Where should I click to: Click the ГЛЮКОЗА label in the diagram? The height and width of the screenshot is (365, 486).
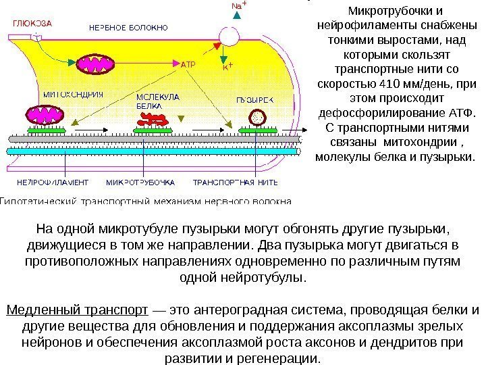click(31, 22)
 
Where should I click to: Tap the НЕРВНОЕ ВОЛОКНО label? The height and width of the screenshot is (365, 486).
click(129, 28)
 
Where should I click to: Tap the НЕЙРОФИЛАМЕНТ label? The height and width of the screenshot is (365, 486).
click(53, 182)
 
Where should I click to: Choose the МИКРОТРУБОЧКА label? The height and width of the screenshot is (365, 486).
click(140, 182)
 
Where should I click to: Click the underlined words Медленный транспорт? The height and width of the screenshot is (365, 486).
click(77, 310)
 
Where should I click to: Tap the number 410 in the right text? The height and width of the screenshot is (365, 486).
click(390, 84)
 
